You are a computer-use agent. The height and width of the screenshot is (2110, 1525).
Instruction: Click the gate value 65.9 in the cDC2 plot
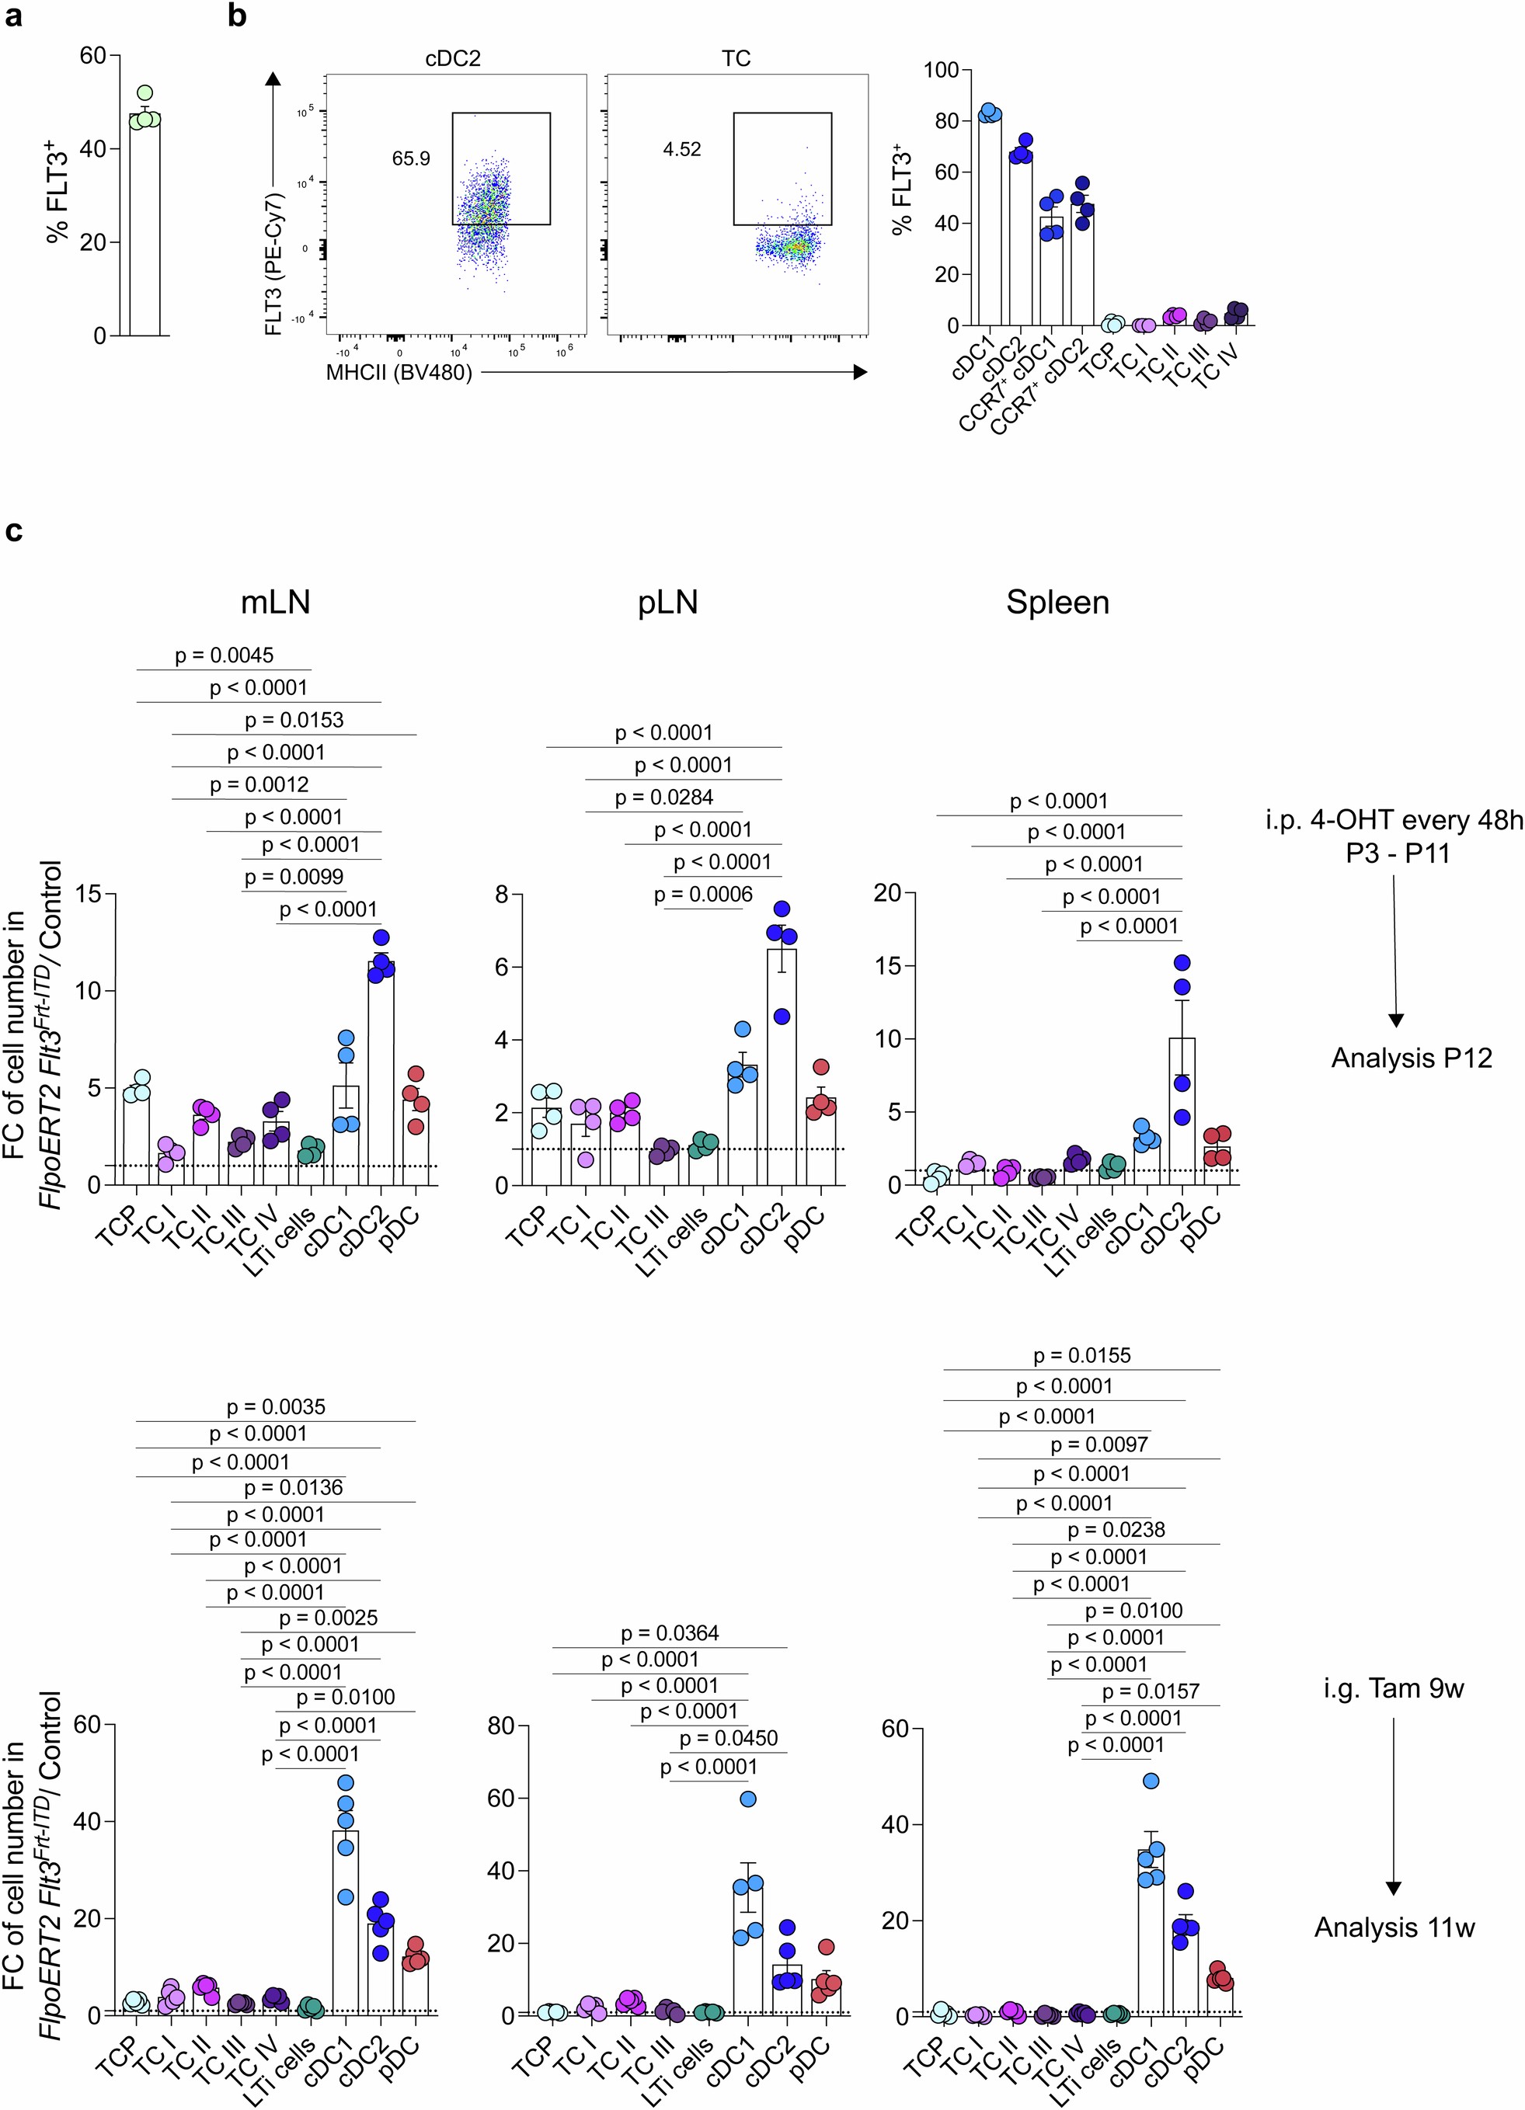[410, 159]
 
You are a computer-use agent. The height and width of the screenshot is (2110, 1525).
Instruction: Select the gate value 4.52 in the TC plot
[682, 150]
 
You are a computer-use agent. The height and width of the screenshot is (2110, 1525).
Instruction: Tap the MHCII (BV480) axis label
[399, 373]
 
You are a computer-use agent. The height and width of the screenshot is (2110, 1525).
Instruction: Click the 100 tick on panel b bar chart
[942, 71]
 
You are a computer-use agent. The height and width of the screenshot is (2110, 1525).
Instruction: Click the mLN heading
[276, 603]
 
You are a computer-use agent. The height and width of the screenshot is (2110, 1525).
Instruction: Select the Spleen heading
[1057, 603]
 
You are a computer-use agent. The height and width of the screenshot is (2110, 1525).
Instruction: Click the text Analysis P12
[1411, 1058]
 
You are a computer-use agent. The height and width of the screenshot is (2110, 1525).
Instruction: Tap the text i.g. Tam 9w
[1394, 1688]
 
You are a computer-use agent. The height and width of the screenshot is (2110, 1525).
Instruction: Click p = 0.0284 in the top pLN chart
[664, 798]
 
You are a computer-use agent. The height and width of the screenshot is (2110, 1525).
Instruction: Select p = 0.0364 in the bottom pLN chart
[670, 1632]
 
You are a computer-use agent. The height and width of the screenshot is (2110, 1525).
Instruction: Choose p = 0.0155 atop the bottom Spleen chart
[1081, 1355]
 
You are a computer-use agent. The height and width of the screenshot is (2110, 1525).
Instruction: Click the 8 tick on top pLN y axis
[502, 894]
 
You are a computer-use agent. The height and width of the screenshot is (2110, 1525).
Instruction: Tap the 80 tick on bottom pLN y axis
[500, 1726]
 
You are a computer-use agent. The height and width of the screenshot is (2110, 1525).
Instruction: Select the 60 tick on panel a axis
[93, 56]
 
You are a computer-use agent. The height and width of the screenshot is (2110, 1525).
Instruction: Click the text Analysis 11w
[1394, 1928]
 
